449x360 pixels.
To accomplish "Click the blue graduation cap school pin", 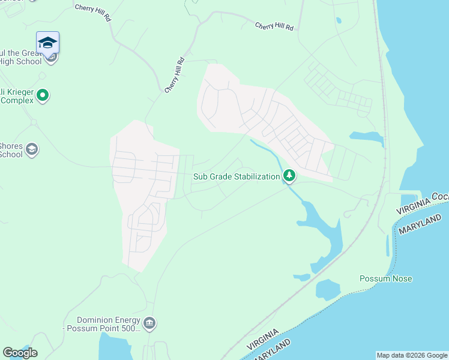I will click(47, 43).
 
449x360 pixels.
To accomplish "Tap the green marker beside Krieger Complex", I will click(43, 95).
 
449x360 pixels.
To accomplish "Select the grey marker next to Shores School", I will click(32, 149).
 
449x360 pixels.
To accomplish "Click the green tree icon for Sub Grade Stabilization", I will click(290, 176).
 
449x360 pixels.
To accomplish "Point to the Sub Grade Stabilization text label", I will click(237, 176).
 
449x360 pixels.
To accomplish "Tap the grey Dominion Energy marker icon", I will click(150, 323).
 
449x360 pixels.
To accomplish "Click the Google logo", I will click(20, 353).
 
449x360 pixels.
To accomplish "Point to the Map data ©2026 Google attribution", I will click(412, 355).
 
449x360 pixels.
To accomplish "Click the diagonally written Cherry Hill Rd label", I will click(173, 75).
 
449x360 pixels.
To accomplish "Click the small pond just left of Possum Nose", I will click(328, 289).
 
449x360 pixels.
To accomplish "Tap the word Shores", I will click(11, 145).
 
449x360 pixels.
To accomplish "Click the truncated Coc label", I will click(440, 198).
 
